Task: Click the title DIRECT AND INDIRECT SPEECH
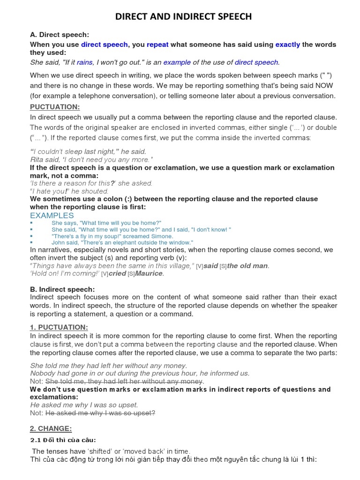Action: point(183,17)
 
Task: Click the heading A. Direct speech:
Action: point(59,35)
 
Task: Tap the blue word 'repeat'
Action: point(157,45)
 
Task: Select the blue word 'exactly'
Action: point(287,45)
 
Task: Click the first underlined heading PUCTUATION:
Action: point(55,107)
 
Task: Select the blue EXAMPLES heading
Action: point(52,215)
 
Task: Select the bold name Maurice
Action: point(149,274)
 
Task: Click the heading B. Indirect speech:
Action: point(62,289)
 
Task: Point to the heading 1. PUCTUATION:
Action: point(59,327)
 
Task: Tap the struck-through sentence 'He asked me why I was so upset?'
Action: point(100,413)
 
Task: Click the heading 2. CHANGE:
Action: point(51,428)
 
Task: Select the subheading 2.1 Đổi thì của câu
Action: point(63,440)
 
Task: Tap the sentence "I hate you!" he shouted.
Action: point(69,191)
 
